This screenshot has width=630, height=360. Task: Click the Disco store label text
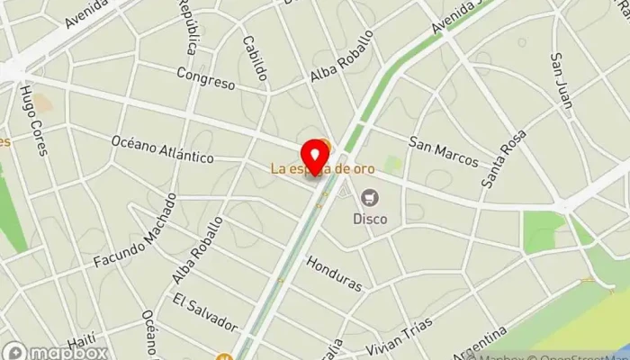point(370,218)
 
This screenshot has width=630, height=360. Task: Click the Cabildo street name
point(253,59)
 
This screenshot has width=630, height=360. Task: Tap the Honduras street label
point(334,274)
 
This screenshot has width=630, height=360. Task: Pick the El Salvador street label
point(205,311)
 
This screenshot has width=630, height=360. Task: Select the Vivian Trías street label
point(400,336)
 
